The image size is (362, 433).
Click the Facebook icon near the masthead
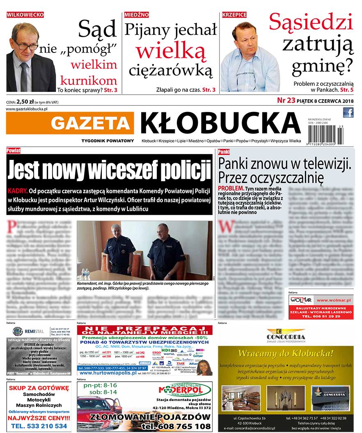pos(348,112)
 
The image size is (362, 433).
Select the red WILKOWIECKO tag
pos(25,14)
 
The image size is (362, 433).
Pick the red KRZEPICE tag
pos(234,14)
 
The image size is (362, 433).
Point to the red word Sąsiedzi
pos(311,22)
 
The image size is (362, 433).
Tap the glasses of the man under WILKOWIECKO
pos(27,46)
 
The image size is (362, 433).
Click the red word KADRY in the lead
pos(17,191)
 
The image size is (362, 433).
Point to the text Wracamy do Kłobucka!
pos(286,353)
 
